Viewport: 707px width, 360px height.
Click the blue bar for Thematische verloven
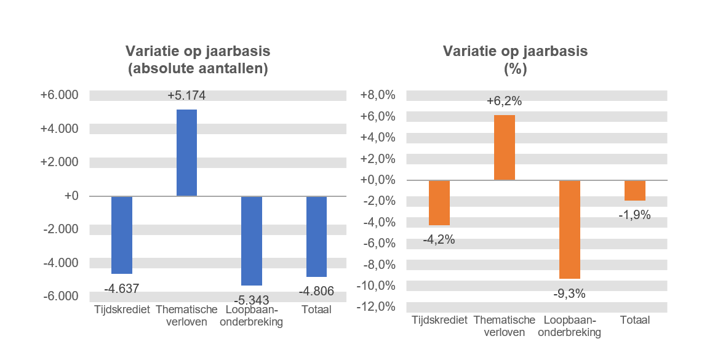[x=186, y=153]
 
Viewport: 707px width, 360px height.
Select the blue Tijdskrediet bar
[x=122, y=235]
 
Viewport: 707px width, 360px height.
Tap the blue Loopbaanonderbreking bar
[x=252, y=241]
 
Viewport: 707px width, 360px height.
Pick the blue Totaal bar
[x=316, y=236]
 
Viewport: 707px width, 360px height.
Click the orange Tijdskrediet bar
[x=439, y=203]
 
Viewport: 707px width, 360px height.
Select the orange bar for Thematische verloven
[x=505, y=148]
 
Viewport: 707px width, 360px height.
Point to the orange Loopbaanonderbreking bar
[x=569, y=230]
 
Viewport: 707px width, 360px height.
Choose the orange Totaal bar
[x=634, y=191]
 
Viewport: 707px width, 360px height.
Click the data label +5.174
[x=186, y=96]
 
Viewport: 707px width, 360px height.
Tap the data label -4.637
[x=121, y=288]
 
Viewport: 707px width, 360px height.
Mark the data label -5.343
[x=252, y=300]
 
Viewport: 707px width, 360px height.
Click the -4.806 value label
[x=316, y=291]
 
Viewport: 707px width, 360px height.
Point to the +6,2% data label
[x=505, y=102]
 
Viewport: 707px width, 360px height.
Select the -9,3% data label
[x=569, y=294]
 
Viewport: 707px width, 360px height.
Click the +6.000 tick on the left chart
[x=59, y=95]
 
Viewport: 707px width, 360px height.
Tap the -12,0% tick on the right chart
[x=378, y=306]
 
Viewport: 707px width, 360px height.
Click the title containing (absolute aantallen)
[x=198, y=60]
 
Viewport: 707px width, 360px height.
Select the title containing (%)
[x=515, y=60]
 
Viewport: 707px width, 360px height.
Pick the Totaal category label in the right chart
[x=634, y=320]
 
